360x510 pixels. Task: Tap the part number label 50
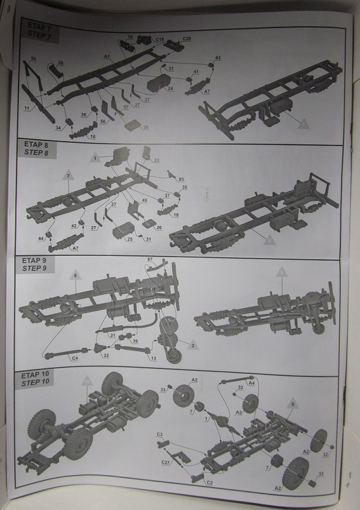(x=33, y=58)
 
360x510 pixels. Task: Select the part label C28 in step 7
(x=187, y=38)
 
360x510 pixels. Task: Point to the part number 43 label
(x=218, y=58)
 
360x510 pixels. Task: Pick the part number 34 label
(x=57, y=128)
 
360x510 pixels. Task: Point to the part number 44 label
(x=41, y=239)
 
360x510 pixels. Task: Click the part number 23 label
(x=157, y=160)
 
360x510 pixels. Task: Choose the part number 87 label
(x=150, y=259)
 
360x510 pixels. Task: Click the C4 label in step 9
(x=74, y=358)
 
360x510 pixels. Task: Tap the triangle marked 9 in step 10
(x=292, y=403)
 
